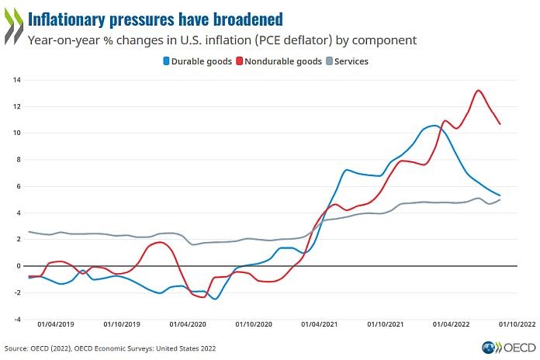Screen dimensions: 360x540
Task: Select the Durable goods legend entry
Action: (x=198, y=61)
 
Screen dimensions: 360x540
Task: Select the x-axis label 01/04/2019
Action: (x=56, y=324)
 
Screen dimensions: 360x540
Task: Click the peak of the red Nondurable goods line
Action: (x=479, y=90)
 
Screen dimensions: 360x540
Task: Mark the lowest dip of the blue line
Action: (x=215, y=299)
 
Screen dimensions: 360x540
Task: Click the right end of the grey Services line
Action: (x=521, y=199)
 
